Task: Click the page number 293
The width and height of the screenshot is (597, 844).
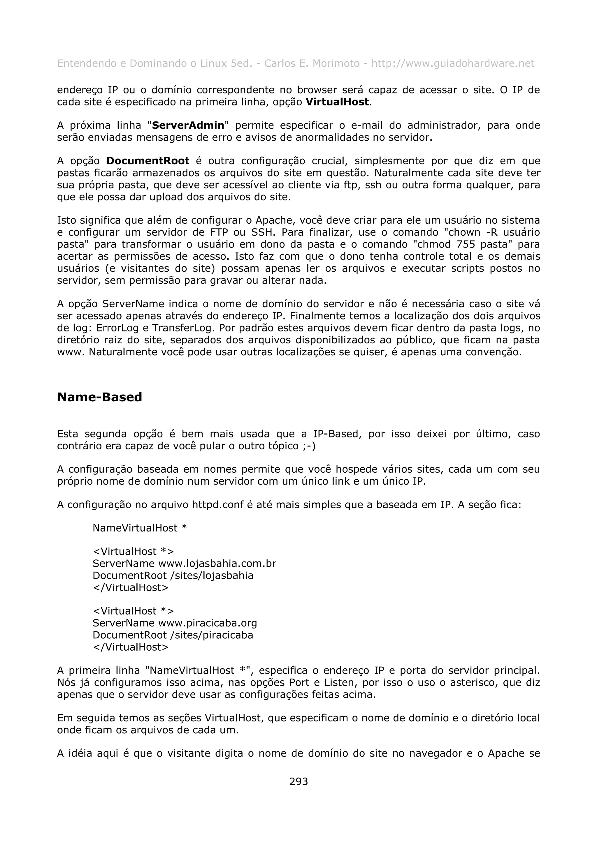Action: (298, 781)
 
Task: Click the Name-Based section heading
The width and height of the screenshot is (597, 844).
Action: (99, 397)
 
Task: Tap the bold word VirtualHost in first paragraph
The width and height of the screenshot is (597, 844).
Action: (337, 102)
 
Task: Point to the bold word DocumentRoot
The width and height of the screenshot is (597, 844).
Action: (148, 161)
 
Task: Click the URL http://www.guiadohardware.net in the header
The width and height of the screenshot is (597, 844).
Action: (452, 63)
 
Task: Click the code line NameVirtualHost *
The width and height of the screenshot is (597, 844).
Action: (140, 528)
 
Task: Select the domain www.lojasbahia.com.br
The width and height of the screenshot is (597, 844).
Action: (217, 564)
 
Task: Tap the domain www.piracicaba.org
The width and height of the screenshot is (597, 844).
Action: (208, 623)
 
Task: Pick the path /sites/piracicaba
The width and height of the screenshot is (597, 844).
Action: (212, 635)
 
